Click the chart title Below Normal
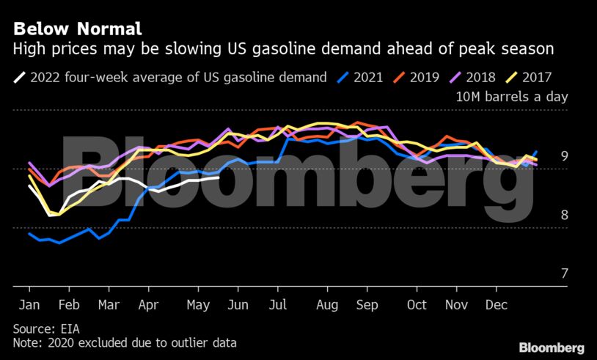pos(77,29)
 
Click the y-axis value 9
pos(564,155)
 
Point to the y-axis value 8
pos(564,215)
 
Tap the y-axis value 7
pos(564,273)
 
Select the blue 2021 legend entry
pos(359,77)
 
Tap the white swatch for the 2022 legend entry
pos(19,77)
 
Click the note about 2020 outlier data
pos(125,342)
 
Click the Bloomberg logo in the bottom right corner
pos(551,347)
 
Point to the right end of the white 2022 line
pos(219,177)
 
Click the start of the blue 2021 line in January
pos(29,234)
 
